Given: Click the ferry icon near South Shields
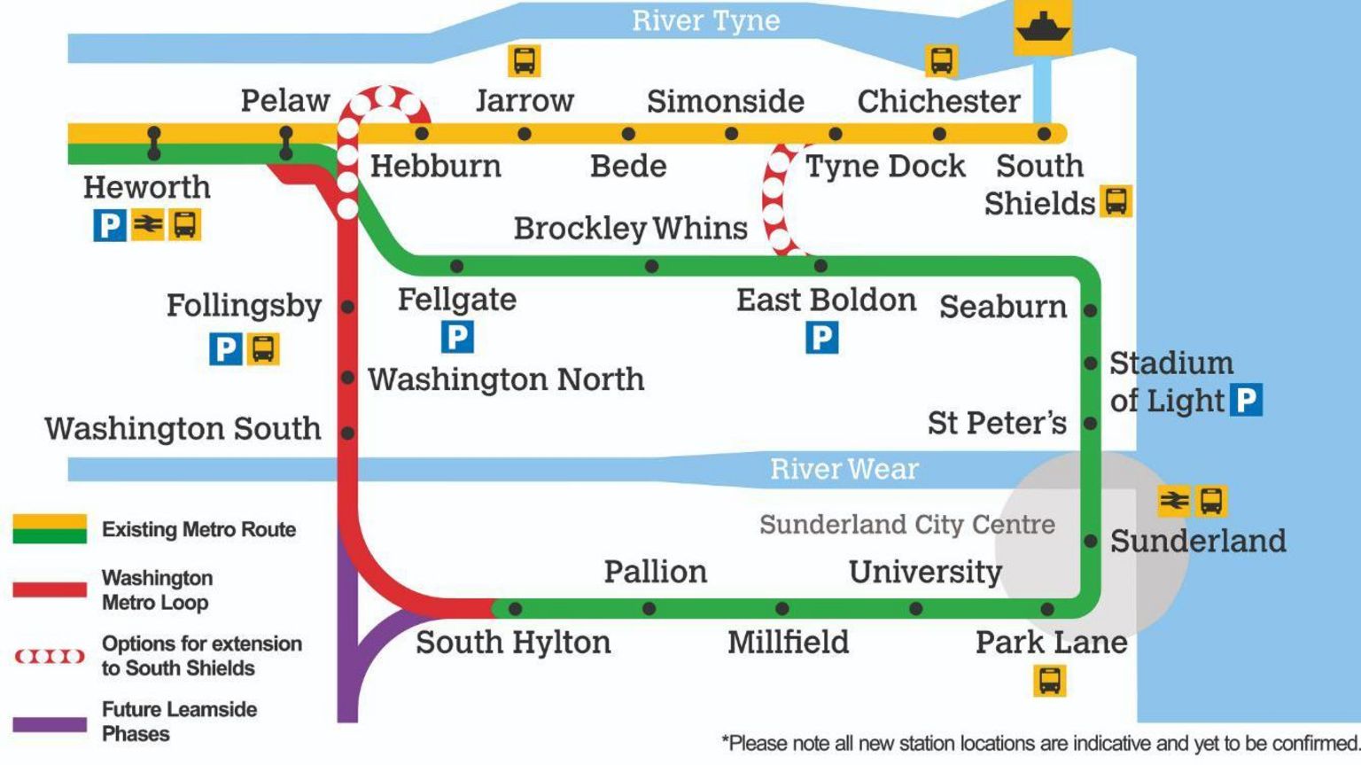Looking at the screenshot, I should coord(1043,27).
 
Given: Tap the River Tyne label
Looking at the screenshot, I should coord(705,21).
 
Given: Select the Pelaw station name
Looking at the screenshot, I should coord(285,100).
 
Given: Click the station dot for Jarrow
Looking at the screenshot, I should coord(525,134).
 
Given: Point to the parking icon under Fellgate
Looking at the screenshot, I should coord(457,337).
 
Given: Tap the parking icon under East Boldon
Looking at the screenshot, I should coord(821,337).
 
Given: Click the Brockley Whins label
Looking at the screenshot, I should coord(630,228).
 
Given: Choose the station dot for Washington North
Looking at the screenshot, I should coord(348,378).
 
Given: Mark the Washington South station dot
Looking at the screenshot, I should coord(348,433).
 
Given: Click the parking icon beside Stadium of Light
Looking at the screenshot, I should coord(1246,400).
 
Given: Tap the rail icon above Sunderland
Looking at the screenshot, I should coord(1174,501).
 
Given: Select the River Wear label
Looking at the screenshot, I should coord(844,469).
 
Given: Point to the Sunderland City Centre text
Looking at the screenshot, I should coord(906,525).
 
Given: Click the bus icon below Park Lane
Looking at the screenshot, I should coord(1050,681).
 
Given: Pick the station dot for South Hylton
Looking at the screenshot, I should coord(515,609).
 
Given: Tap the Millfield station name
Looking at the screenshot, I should coord(788,642).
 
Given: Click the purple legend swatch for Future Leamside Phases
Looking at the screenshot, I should coord(50,724).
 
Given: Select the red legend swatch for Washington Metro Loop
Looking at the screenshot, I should coord(50,589).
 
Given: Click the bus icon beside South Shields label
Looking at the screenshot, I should coord(1116,201).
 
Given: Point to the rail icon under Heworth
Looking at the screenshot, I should coord(147,224).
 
